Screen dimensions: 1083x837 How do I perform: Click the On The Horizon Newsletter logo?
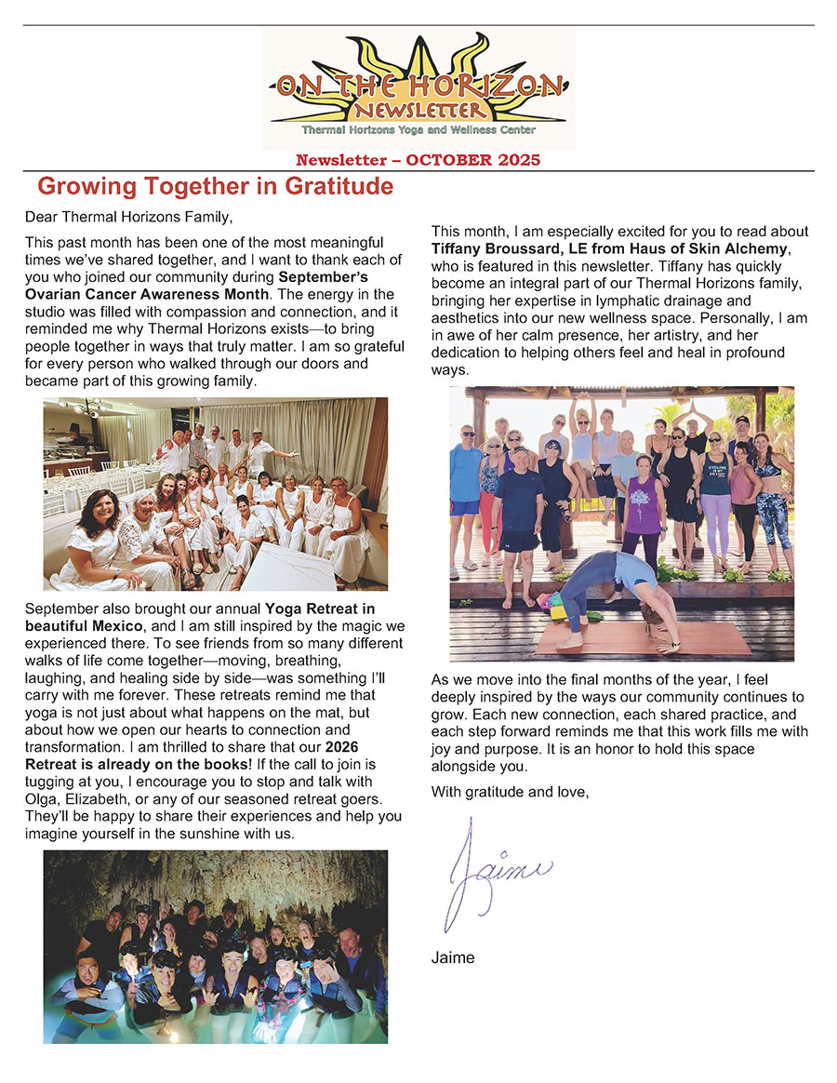[x=418, y=88]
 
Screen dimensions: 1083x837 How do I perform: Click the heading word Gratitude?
[x=329, y=186]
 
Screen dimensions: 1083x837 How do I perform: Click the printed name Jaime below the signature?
[x=453, y=957]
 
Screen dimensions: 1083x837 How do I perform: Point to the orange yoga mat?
[x=642, y=639]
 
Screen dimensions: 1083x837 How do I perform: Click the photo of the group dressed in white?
[x=215, y=494]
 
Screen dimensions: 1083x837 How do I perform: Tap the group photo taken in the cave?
[x=215, y=945]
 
